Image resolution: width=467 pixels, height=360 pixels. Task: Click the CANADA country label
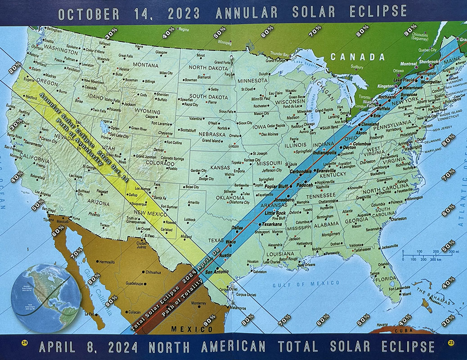click(x=358, y=57)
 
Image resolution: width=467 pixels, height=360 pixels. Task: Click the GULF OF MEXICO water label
click(x=306, y=283)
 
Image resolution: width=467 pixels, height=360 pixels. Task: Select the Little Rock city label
click(x=275, y=213)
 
